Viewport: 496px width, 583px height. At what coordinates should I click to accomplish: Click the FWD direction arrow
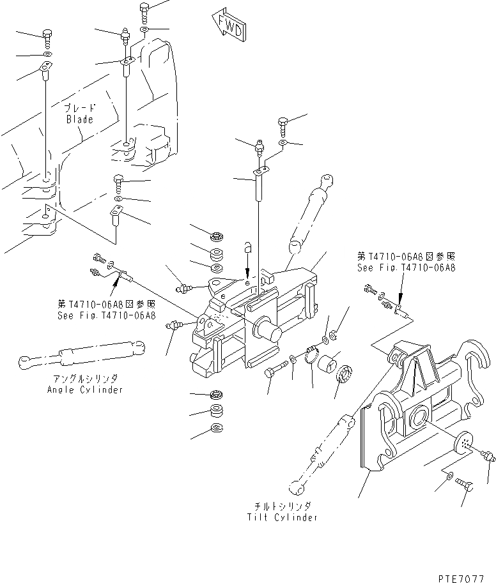coord(226,26)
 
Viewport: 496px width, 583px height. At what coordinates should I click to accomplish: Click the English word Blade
coord(80,119)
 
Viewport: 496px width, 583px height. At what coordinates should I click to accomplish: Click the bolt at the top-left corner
coord(47,34)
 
